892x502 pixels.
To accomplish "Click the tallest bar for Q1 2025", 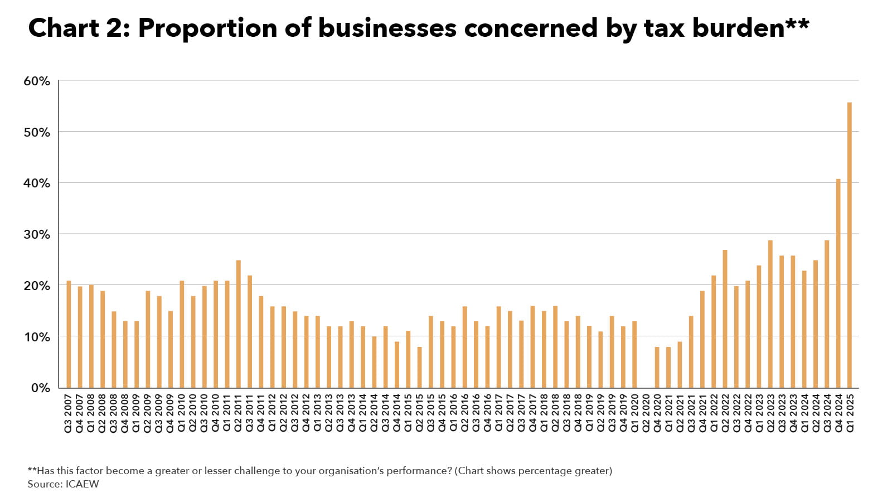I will (x=850, y=245).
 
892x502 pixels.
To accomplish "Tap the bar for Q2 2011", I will (x=238, y=324).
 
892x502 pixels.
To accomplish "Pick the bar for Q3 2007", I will (x=69, y=334).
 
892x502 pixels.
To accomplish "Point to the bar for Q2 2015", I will (x=419, y=368).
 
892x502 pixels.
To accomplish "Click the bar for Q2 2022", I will (x=725, y=319).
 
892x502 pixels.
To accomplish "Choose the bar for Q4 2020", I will (x=657, y=368).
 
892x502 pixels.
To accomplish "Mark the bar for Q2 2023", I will (x=770, y=314).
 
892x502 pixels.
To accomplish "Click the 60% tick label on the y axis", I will (x=37, y=81).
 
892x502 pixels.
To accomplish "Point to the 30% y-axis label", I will (x=37, y=235).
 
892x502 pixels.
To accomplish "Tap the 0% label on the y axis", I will (x=40, y=388).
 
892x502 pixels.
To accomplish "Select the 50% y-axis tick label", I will (x=37, y=133).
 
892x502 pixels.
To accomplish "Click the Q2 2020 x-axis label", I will (x=646, y=413).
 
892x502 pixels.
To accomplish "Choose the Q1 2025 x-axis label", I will (x=850, y=413).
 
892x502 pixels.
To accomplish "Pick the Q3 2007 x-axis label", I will (x=69, y=413).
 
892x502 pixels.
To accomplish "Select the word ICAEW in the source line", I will (x=82, y=484).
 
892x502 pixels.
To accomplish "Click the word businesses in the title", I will (x=387, y=28).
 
